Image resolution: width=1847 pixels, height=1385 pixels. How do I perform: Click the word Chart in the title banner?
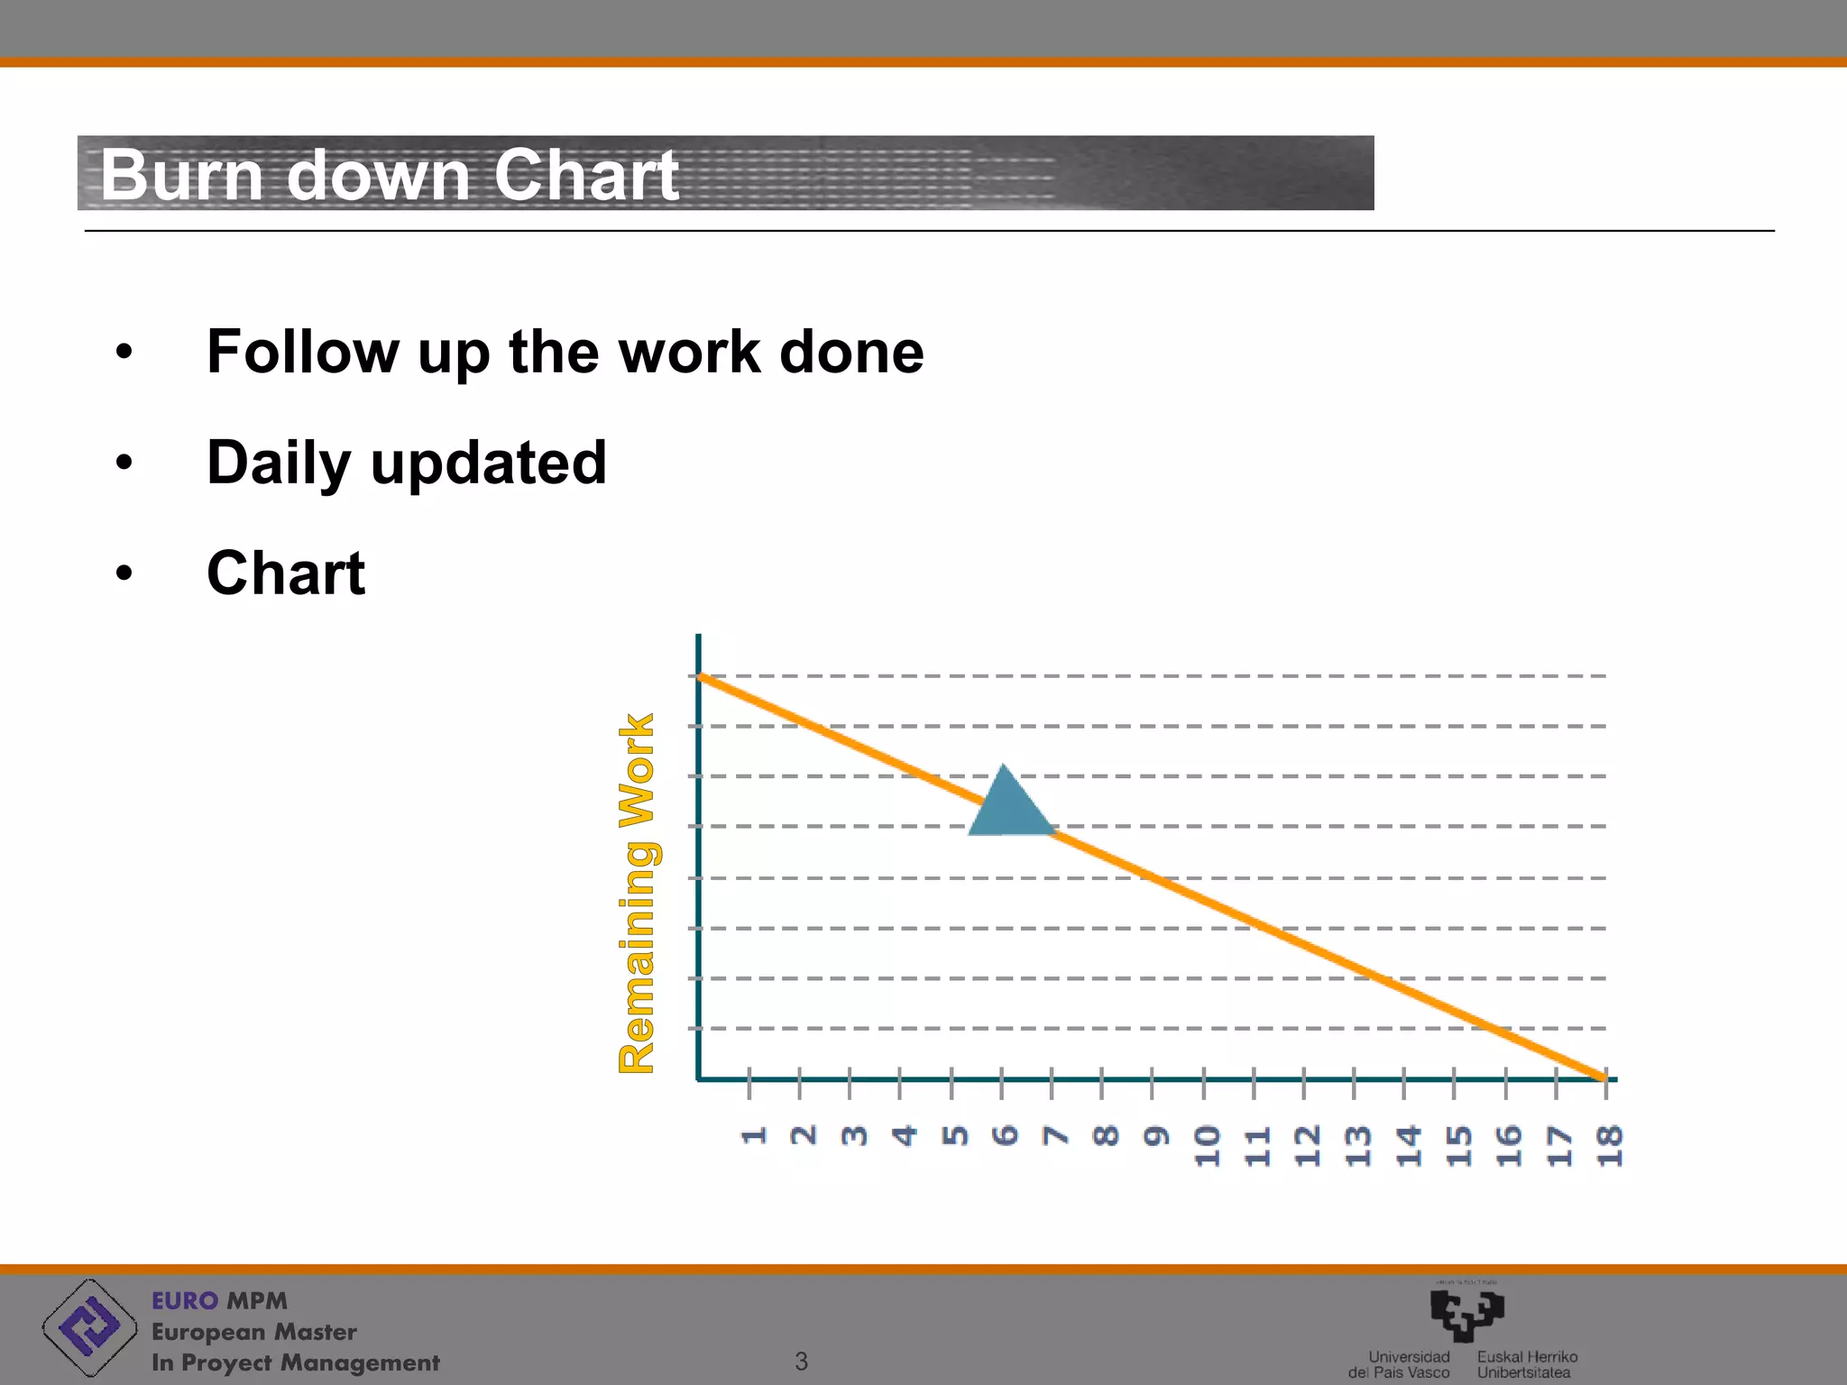point(586,175)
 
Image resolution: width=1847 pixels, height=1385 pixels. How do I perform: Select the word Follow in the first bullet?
point(302,352)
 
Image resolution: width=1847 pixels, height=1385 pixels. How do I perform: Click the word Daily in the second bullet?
point(278,463)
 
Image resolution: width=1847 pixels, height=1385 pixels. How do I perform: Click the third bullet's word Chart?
point(286,573)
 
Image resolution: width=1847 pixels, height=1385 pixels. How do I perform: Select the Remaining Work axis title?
point(638,893)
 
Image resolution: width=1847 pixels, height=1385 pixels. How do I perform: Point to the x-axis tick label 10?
point(1207,1145)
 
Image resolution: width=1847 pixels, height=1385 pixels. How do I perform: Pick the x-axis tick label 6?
point(1004,1135)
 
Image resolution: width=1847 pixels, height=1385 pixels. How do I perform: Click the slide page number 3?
point(801,1361)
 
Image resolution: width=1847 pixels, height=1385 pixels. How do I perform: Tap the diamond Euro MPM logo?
point(88,1326)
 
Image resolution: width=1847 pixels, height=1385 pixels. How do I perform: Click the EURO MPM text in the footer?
point(219,1300)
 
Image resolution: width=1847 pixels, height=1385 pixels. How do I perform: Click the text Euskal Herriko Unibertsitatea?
point(1526,1364)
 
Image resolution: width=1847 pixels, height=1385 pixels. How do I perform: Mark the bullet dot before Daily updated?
point(124,463)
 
